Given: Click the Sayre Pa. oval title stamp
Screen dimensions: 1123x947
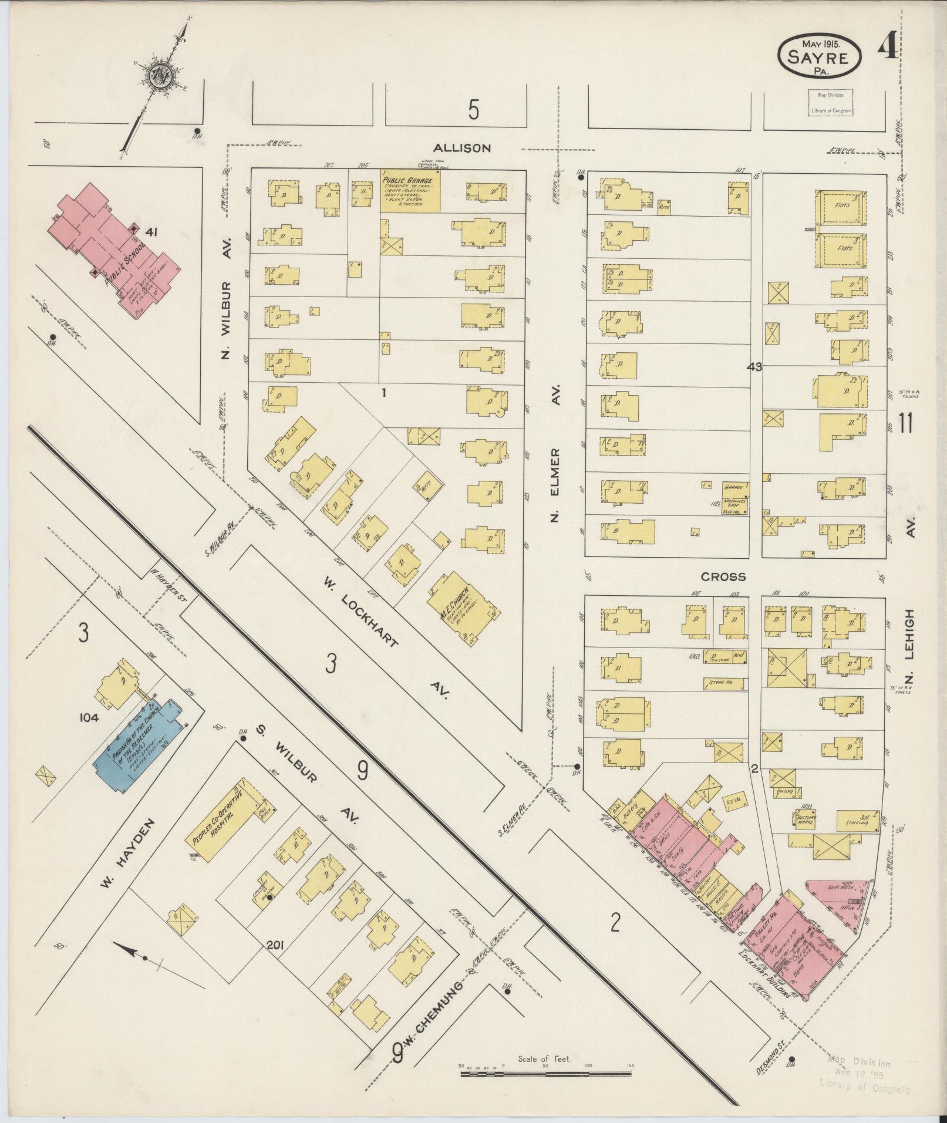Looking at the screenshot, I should coord(820,57).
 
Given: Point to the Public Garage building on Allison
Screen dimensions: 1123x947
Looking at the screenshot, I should coord(410,191).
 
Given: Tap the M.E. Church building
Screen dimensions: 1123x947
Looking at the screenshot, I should coord(458,615).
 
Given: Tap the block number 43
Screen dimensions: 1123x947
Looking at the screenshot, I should coord(754,367).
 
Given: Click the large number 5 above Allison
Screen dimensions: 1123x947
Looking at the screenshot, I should coord(474,110).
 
